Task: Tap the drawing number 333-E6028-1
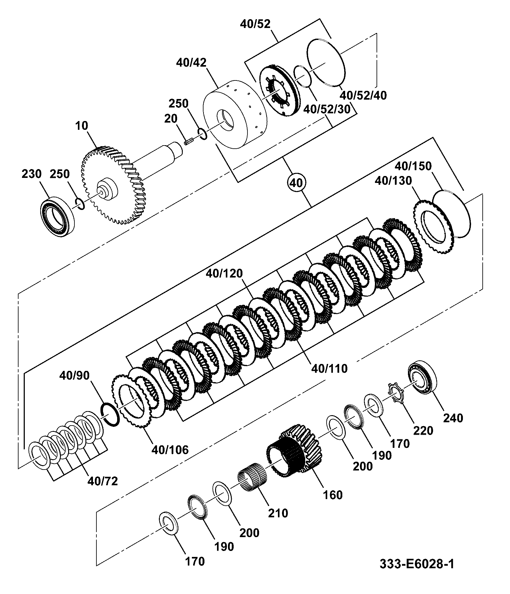[x=417, y=573]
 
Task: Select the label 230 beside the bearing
[x=32, y=174]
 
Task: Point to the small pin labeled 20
[x=188, y=142]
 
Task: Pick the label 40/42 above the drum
[x=191, y=63]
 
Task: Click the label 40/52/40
[x=364, y=95]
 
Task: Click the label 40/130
[x=393, y=181]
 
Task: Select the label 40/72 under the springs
[x=103, y=481]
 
